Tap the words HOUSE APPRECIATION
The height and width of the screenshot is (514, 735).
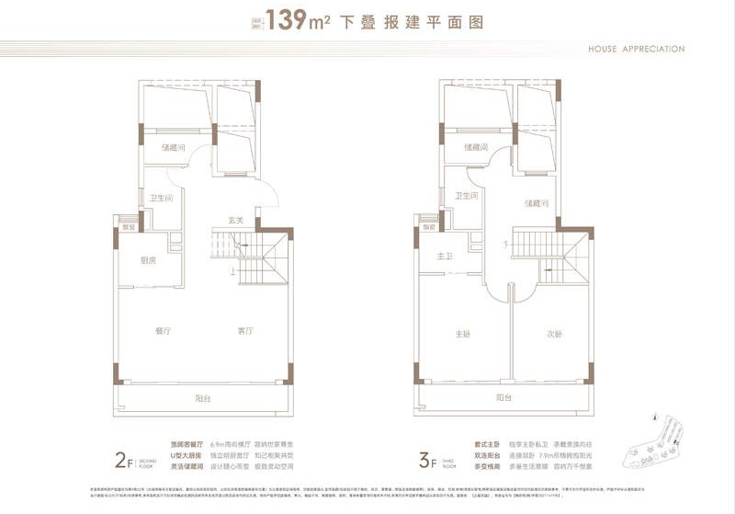pos(638,49)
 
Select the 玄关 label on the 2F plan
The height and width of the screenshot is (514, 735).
pos(235,220)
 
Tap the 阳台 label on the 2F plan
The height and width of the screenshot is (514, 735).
pos(202,398)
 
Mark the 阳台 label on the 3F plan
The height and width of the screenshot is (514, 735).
pos(503,398)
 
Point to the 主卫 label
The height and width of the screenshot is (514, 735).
pos(445,257)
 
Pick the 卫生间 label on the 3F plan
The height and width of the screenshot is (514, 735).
pos(467,195)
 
